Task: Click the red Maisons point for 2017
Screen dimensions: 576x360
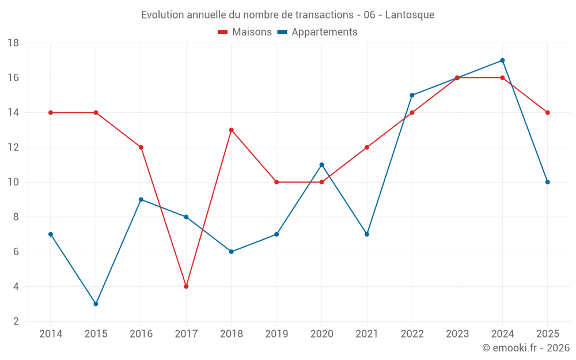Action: click(x=186, y=286)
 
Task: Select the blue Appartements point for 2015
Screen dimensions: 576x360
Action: click(x=96, y=304)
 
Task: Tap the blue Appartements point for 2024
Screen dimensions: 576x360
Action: click(x=502, y=60)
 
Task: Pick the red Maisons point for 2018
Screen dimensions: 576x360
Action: click(x=232, y=130)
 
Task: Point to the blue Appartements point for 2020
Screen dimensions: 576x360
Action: click(x=322, y=165)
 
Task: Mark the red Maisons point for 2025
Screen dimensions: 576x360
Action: click(x=548, y=113)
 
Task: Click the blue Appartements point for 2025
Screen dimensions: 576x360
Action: click(x=548, y=182)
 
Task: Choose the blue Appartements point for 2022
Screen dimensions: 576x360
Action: click(x=412, y=95)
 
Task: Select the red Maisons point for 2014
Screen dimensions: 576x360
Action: click(x=51, y=113)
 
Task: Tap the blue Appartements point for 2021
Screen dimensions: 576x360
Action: click(x=367, y=234)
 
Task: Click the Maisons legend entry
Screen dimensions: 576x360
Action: click(x=245, y=32)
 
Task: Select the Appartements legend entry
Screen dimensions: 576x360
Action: click(x=317, y=32)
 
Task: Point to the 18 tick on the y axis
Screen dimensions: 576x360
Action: click(x=13, y=43)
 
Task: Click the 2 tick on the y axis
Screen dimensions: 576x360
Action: click(x=16, y=321)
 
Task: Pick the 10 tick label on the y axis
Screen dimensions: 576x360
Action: click(x=13, y=182)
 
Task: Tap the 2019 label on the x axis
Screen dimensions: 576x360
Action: click(x=276, y=334)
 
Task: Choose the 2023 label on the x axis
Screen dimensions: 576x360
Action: click(x=457, y=334)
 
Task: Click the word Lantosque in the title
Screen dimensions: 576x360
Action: click(x=410, y=15)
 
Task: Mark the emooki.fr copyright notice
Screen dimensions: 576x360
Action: click(x=526, y=347)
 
